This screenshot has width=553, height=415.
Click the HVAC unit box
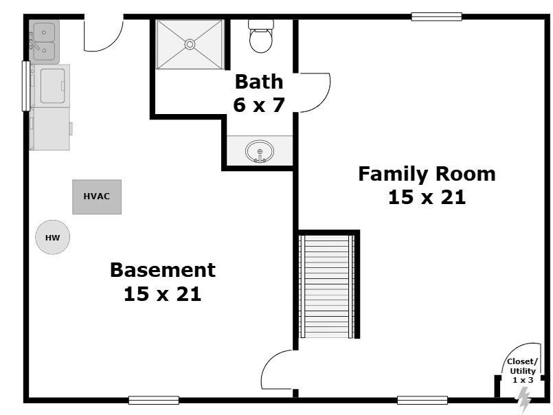(97, 197)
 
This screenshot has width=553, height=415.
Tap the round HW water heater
(53, 238)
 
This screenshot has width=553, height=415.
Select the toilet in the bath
(260, 37)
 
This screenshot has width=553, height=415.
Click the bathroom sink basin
(260, 150)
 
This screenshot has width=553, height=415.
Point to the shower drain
(190, 44)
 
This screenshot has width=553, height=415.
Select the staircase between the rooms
(327, 286)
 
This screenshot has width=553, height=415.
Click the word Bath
(258, 81)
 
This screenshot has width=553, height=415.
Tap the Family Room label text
(426, 174)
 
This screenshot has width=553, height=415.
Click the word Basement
(162, 269)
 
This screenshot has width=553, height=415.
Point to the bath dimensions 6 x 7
(258, 104)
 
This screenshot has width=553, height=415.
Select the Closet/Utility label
(522, 366)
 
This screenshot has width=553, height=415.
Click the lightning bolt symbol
(523, 399)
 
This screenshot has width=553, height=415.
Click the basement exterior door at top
(103, 34)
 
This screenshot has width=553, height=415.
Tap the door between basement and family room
(278, 371)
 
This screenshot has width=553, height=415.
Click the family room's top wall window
(436, 16)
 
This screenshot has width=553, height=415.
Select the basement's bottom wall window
(153, 400)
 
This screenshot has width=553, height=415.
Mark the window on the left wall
(26, 86)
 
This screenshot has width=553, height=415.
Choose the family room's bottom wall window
(422, 400)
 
